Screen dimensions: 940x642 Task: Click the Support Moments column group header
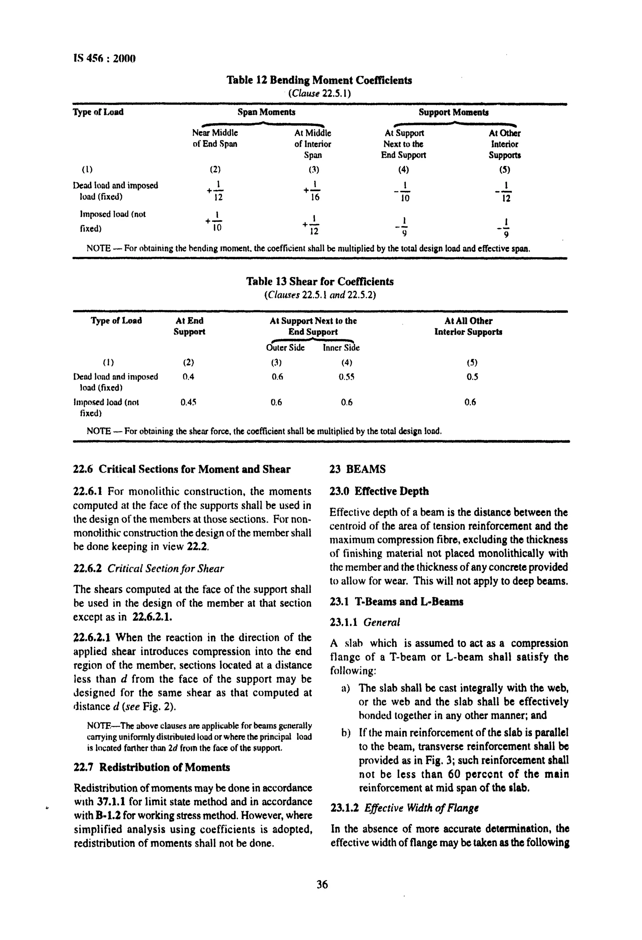pos(453,112)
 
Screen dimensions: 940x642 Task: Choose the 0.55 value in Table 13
pos(346,377)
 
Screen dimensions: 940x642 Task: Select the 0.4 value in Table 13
pos(188,377)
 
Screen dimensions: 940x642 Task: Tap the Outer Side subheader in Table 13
pos(285,348)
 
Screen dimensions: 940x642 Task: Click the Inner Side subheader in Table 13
pos(341,348)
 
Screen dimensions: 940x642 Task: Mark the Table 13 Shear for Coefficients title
pos(320,282)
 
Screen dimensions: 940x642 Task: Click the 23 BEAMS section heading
pos(357,469)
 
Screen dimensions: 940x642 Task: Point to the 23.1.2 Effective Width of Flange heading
pos(405,808)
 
